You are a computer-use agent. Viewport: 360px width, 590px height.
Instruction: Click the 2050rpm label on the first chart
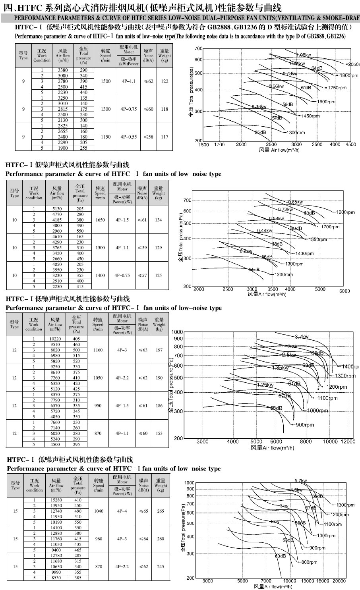(353, 64)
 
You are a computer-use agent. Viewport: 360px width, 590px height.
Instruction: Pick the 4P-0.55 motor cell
(128, 137)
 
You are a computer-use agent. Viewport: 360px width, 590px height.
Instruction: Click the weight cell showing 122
(165, 81)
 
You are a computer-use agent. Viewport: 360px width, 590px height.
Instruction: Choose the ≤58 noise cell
(148, 137)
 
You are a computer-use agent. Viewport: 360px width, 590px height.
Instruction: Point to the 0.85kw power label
(295, 202)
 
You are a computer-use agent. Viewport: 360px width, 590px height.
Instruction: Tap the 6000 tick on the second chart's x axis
(345, 291)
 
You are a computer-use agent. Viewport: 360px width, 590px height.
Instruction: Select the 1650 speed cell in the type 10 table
(100, 220)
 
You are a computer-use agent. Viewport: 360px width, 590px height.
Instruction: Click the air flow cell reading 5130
(57, 209)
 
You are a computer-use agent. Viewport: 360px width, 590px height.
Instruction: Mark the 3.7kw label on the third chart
(302, 337)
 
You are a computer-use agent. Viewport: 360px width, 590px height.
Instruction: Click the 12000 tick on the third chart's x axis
(348, 442)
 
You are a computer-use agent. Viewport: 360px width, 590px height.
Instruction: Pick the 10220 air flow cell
(55, 339)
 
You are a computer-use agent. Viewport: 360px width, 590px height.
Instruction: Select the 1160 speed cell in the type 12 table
(98, 350)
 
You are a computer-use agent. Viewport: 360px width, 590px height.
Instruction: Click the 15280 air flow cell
(56, 500)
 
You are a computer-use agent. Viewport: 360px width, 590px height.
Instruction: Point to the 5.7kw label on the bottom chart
(301, 481)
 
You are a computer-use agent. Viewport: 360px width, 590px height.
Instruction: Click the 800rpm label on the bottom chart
(309, 562)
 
